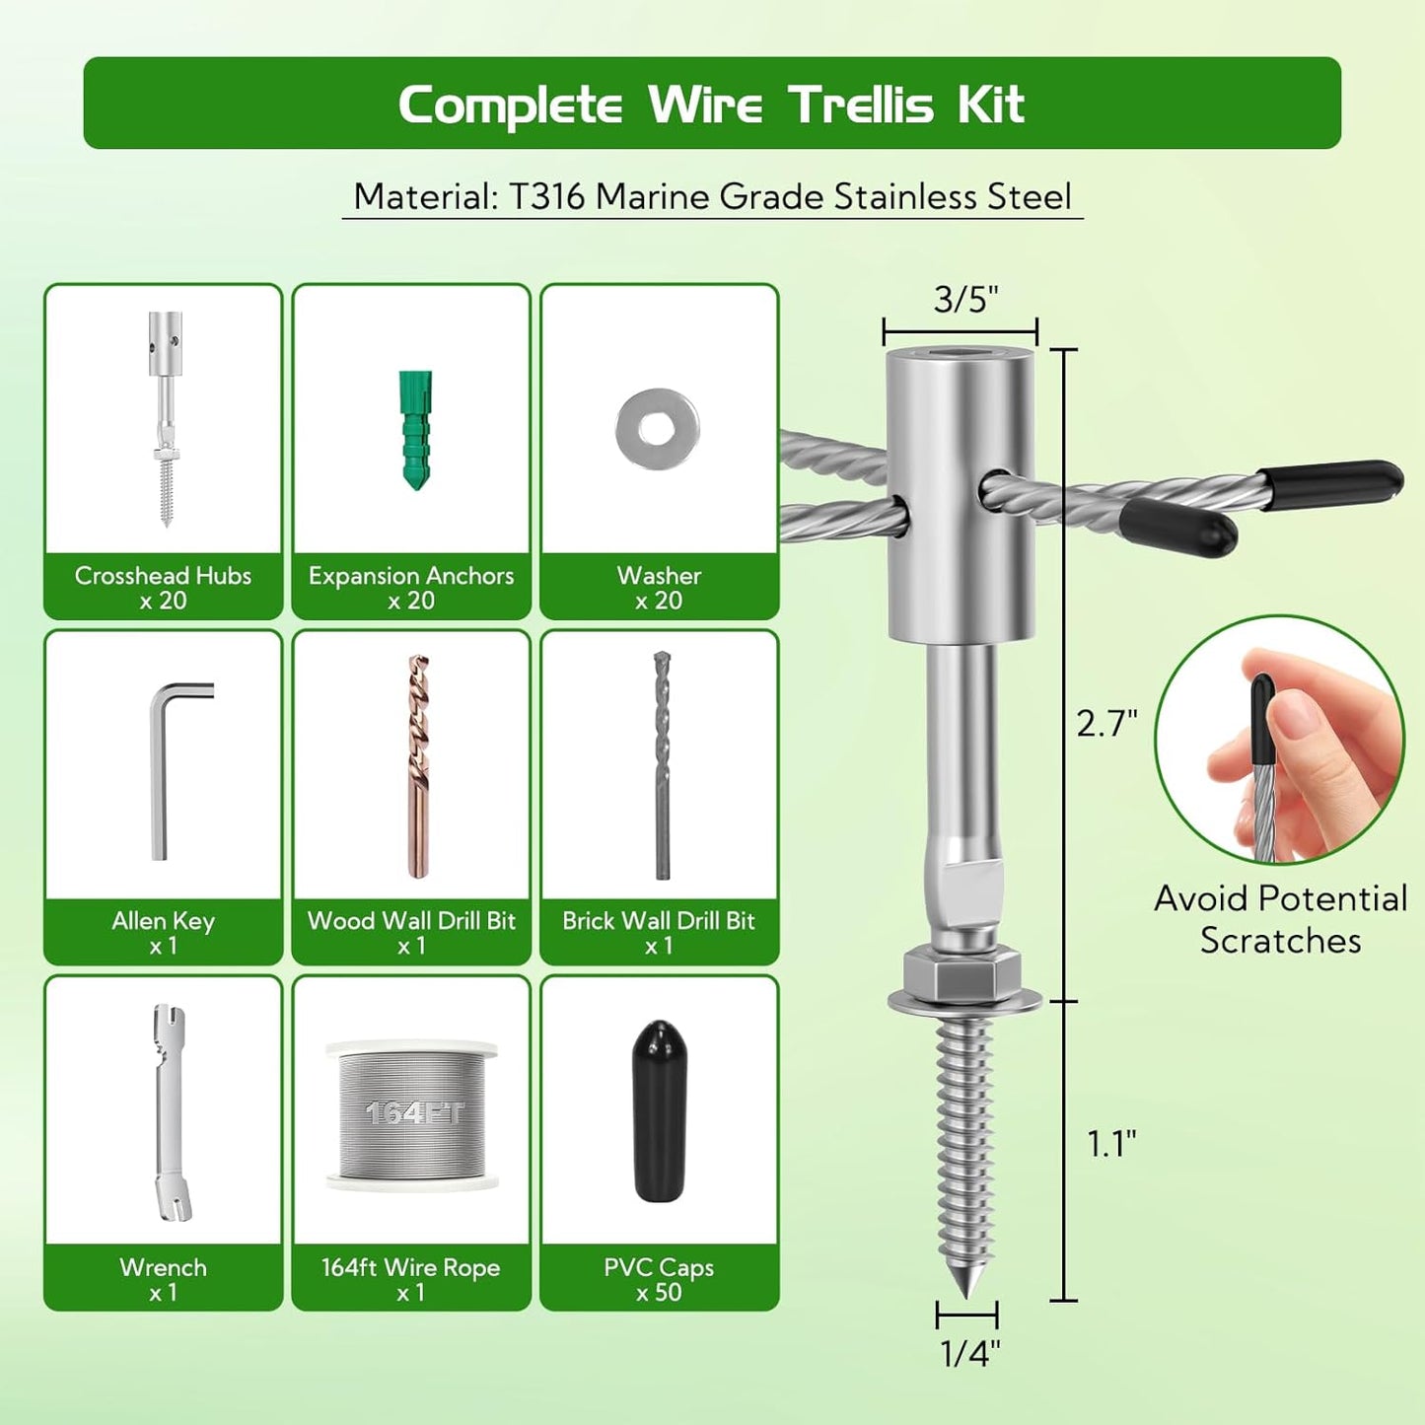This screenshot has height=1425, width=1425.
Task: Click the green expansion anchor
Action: tap(415, 430)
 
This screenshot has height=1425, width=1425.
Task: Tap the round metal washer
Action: tap(658, 429)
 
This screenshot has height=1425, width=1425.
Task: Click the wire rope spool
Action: tap(411, 1114)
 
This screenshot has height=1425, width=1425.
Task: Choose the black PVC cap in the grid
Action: tap(658, 1110)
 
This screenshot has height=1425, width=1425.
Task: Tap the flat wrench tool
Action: tap(168, 1112)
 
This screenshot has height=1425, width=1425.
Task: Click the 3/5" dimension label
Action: tap(966, 299)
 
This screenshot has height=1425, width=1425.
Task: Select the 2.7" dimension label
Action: tap(1106, 724)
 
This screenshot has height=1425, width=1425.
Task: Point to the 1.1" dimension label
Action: tap(1111, 1144)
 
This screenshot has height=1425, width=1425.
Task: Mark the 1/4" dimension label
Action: tap(970, 1353)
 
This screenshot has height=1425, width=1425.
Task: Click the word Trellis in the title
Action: tap(861, 105)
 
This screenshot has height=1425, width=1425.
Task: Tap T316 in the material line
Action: tap(547, 196)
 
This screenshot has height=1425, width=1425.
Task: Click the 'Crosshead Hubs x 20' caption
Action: tap(164, 588)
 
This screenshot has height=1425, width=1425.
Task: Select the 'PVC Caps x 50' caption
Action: tap(659, 1279)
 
